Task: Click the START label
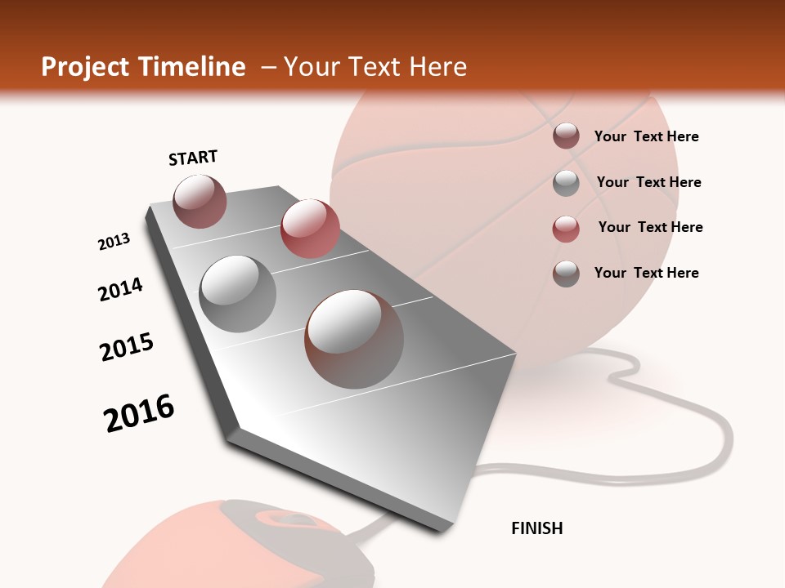click(193, 158)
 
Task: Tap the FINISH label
click(536, 528)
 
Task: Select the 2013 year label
click(114, 242)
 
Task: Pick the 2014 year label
click(120, 289)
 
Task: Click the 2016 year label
click(139, 412)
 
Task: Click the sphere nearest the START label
click(200, 201)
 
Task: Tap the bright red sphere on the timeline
click(310, 229)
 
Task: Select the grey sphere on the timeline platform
click(238, 293)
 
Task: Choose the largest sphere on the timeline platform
click(354, 338)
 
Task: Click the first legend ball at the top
click(566, 136)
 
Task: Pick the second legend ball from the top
click(566, 183)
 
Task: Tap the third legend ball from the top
click(566, 229)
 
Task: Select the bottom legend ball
click(566, 274)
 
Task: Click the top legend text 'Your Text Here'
click(646, 136)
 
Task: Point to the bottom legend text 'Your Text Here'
click(646, 273)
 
